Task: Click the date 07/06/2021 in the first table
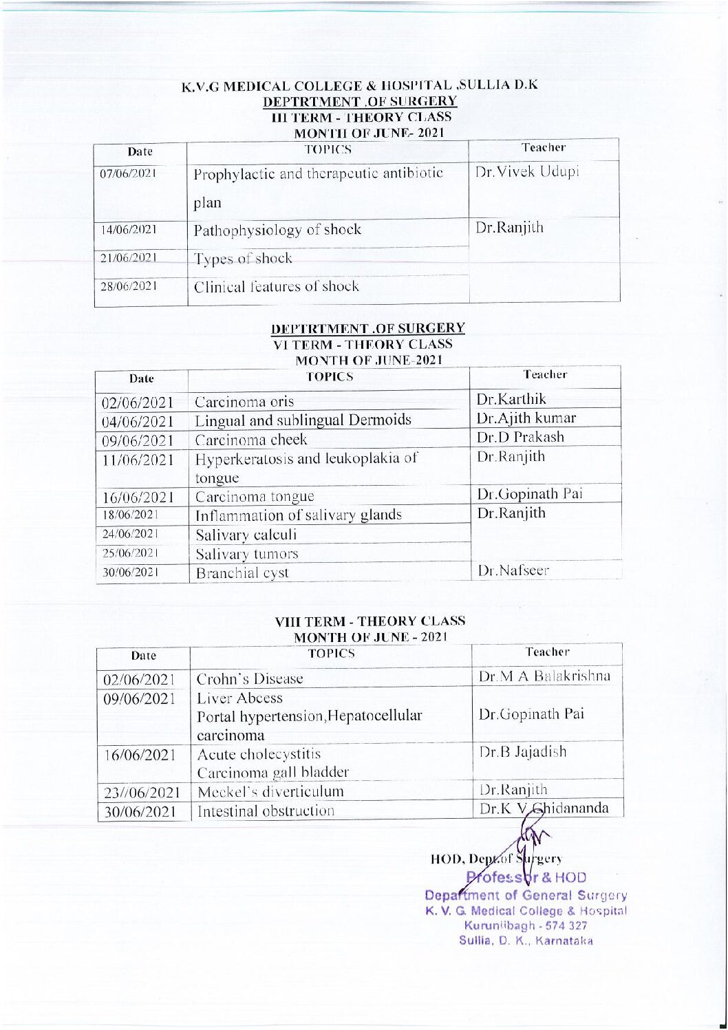(x=128, y=173)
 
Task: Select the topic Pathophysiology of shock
(x=277, y=230)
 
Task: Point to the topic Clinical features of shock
(x=276, y=286)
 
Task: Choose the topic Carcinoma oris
(x=244, y=402)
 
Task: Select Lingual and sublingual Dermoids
(x=303, y=420)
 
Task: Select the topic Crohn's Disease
(x=250, y=679)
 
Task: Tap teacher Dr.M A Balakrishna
(x=544, y=676)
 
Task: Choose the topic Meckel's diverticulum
(x=270, y=792)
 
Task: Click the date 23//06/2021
(x=142, y=793)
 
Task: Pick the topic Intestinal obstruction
(x=266, y=811)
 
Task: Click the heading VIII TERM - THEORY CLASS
(x=370, y=621)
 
